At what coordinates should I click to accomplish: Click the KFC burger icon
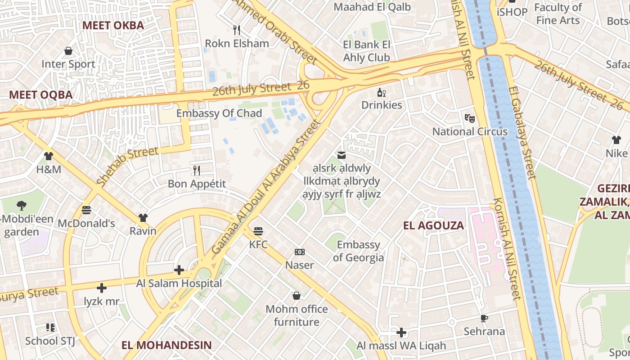pos(258,231)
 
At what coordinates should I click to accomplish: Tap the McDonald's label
pos(86,223)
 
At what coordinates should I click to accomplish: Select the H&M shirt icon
pos(49,156)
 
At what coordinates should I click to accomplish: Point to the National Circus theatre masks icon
pos(470,118)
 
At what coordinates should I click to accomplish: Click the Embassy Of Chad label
pos(219,113)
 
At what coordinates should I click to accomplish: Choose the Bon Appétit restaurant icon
pos(197,170)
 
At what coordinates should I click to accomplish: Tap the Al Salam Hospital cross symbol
pos(179,270)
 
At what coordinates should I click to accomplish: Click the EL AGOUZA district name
pos(433,225)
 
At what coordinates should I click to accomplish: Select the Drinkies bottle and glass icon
pos(382,93)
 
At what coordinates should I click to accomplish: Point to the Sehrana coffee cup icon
pos(484,318)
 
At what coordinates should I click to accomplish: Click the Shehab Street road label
pos(127,166)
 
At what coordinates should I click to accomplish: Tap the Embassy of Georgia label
pos(358,251)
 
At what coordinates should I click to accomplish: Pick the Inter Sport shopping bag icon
pos(68,51)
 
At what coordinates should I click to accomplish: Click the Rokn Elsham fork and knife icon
pos(237,30)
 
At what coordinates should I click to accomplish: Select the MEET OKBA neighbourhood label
pos(113,25)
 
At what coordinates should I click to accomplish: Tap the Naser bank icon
pos(299,252)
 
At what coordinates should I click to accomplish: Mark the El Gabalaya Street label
pos(522,132)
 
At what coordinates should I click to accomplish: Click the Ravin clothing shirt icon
pos(143,218)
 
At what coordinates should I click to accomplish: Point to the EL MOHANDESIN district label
pos(166,345)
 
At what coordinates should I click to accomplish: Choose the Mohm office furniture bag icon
pos(297,296)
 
